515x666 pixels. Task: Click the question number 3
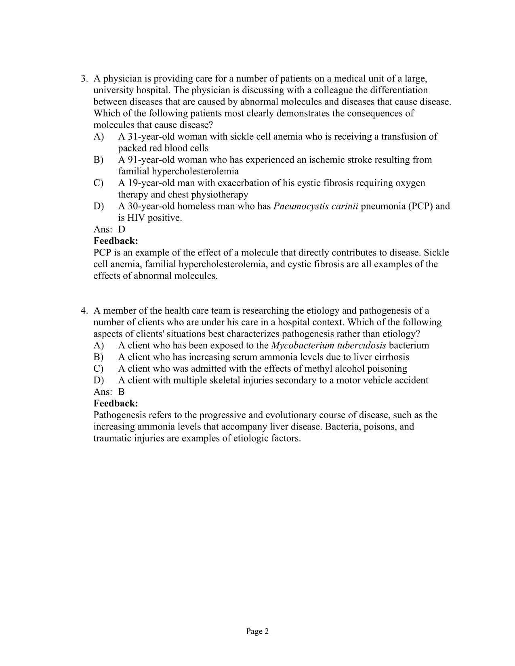click(x=84, y=78)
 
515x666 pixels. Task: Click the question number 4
click(x=84, y=310)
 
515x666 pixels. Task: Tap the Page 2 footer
click(x=257, y=632)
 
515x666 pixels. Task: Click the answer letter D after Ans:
click(x=122, y=229)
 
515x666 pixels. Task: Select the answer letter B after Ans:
click(x=121, y=392)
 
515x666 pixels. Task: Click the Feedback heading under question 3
click(x=116, y=241)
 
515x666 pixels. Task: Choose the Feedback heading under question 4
click(x=116, y=403)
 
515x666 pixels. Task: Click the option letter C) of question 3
click(x=98, y=183)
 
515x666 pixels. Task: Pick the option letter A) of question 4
click(x=98, y=346)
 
